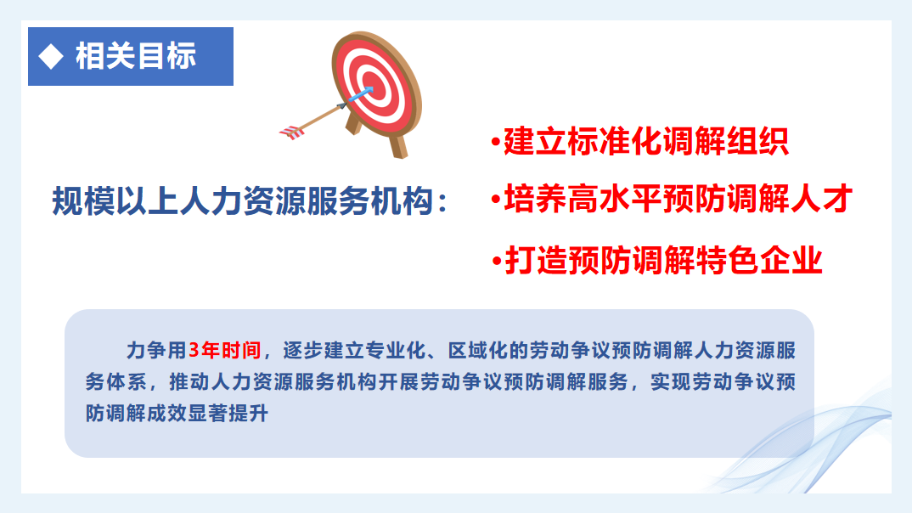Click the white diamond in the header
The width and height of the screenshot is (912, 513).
(x=51, y=56)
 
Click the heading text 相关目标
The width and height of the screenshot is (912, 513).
(x=136, y=56)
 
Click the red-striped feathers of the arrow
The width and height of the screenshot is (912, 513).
(x=293, y=132)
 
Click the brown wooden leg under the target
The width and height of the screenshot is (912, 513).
(x=398, y=146)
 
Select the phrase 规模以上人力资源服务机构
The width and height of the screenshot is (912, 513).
(x=243, y=201)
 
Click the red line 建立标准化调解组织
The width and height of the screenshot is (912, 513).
(x=645, y=141)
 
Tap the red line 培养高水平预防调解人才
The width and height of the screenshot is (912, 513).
(x=678, y=199)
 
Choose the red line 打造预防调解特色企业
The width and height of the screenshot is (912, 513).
(x=664, y=260)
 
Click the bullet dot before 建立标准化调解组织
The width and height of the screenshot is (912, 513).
(x=496, y=142)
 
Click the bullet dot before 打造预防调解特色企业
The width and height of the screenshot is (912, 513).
(x=496, y=261)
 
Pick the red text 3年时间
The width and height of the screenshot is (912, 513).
(x=224, y=350)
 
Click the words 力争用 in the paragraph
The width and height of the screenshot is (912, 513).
(x=156, y=350)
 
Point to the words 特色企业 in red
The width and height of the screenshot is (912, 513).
(x=759, y=260)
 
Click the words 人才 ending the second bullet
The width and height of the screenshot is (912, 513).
(x=821, y=199)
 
